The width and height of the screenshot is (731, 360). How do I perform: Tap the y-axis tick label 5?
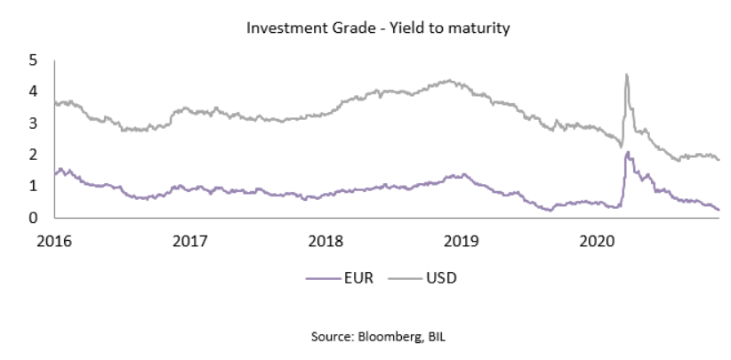click(x=33, y=60)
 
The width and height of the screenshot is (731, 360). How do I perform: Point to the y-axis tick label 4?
click(x=33, y=92)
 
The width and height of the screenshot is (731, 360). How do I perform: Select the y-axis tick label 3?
click(x=33, y=123)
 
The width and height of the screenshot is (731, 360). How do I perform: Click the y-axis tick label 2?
click(x=33, y=155)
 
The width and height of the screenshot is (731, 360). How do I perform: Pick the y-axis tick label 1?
click(x=33, y=186)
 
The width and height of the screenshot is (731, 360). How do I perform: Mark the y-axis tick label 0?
click(x=33, y=218)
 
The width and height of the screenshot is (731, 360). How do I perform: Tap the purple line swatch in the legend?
click(x=318, y=276)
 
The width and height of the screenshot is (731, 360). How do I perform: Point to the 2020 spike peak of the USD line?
click(x=627, y=75)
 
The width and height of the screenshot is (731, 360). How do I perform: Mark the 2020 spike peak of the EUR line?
click(x=628, y=153)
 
